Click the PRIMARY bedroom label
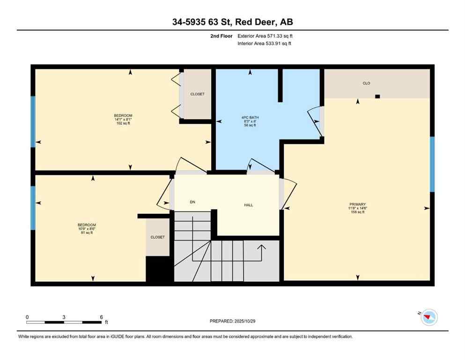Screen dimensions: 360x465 (x=358, y=204)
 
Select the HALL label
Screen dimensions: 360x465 (x=249, y=205)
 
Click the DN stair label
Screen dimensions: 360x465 (x=192, y=202)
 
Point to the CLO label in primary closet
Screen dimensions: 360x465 (x=366, y=83)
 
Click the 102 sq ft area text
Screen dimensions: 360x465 (x=123, y=124)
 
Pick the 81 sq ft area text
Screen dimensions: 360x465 (x=87, y=233)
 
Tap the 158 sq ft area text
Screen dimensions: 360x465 (x=358, y=212)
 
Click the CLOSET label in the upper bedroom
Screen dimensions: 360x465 (x=197, y=94)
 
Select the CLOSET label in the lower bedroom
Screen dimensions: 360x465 (x=157, y=237)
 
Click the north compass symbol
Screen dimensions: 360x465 (x=428, y=317)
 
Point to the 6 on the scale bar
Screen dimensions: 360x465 (x=101, y=317)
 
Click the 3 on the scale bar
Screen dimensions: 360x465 (x=64, y=317)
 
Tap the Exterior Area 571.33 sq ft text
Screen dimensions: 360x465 (x=266, y=36)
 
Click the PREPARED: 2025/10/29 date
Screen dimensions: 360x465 (x=233, y=321)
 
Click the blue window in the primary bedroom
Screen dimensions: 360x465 (x=432, y=164)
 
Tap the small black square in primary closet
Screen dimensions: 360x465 (x=377, y=97)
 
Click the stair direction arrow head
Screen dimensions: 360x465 (x=262, y=246)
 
